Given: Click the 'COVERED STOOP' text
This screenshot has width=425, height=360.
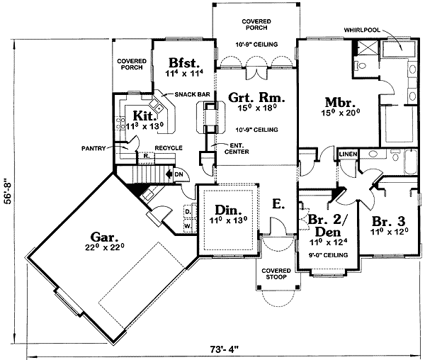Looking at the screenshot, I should (x=277, y=275).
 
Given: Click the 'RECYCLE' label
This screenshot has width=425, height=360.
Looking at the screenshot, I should (x=169, y=148).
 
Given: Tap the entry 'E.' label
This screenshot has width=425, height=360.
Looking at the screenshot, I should (x=278, y=204).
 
